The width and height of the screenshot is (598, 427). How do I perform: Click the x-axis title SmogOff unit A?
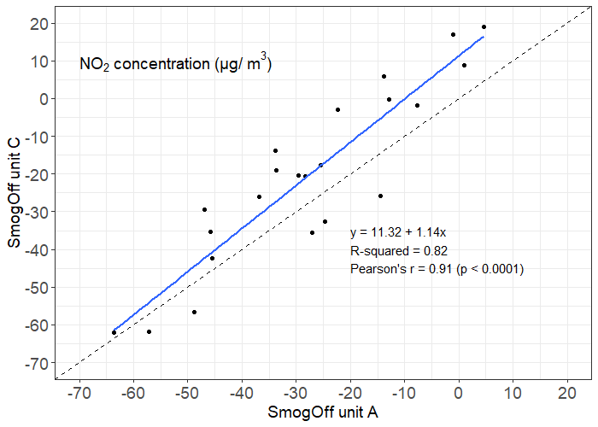point(324,412)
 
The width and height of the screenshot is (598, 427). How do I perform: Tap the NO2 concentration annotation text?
point(175,64)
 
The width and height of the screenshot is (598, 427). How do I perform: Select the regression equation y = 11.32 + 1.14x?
point(404,232)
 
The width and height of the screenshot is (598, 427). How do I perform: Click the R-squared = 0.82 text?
point(399,250)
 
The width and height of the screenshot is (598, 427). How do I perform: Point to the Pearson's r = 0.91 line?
point(437,269)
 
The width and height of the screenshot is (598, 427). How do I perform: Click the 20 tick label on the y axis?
point(37,24)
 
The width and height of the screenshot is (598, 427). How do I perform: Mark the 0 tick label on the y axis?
point(42,99)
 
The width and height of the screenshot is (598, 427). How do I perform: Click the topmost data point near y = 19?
point(484,26)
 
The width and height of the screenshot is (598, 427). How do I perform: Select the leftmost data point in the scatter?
point(114,332)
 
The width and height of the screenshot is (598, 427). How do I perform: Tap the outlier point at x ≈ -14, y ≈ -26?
point(380,196)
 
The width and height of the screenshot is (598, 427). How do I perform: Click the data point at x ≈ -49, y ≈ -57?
point(194,313)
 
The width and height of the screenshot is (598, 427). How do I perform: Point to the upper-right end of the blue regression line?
point(484,37)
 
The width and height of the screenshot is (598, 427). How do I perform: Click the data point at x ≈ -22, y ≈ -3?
point(337,109)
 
